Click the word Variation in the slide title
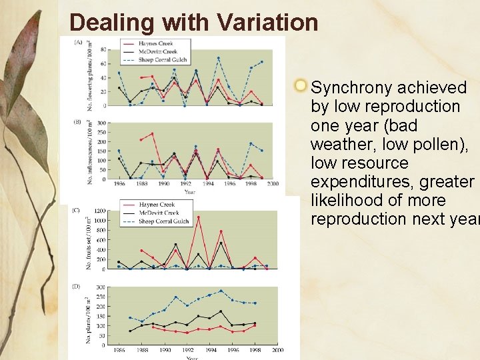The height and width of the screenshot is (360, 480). tap(267, 23)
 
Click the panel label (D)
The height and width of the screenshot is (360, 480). tap(77, 286)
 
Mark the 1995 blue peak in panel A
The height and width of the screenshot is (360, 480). tap(218, 59)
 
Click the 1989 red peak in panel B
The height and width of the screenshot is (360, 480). tap(152, 134)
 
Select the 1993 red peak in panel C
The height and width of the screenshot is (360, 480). tap(198, 217)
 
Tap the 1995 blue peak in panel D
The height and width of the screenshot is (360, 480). tap(221, 291)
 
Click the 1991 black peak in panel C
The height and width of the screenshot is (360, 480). tap(175, 245)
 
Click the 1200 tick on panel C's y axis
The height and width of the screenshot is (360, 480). tap(100, 211)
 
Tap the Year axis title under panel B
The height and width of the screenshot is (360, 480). tap(190, 192)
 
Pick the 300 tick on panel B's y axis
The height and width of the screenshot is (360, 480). tap(101, 123)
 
